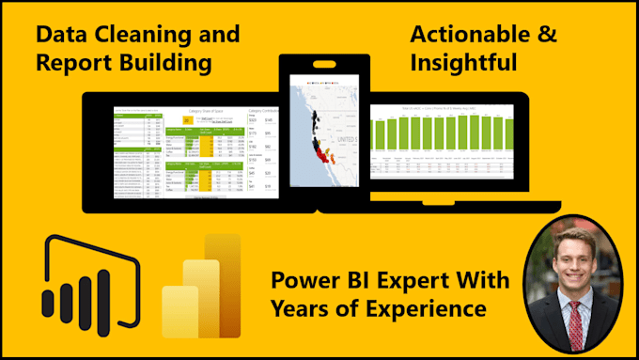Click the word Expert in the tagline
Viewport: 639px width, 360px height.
[415, 280]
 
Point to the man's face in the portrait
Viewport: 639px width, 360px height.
[575, 260]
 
